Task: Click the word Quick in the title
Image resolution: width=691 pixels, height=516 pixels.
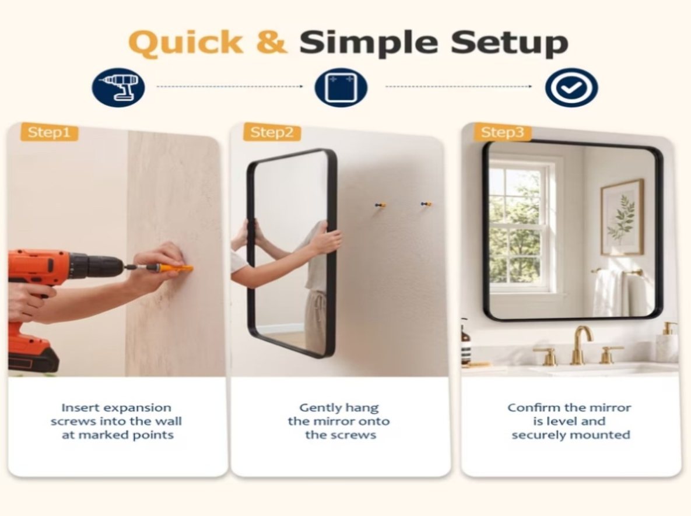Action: pos(185,43)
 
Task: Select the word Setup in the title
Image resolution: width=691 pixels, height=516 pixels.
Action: pos(509,43)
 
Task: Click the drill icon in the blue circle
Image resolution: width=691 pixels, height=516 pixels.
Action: pos(118,87)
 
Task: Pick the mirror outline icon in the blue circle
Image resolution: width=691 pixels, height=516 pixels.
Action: pos(341,87)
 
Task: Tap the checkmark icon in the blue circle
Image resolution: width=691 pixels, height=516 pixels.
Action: pos(571,87)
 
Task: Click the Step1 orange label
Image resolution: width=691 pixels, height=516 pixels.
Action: pos(50,132)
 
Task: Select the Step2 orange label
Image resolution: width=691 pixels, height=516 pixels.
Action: pos(272,132)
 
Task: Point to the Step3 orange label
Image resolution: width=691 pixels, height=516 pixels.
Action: pos(503,132)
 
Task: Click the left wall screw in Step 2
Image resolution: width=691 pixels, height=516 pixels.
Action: pos(380,205)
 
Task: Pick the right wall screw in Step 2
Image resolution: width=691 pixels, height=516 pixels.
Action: pos(426,204)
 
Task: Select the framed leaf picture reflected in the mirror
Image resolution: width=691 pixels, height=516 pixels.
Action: pos(622,217)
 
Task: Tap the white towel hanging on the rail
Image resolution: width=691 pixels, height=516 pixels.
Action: pos(609,293)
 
